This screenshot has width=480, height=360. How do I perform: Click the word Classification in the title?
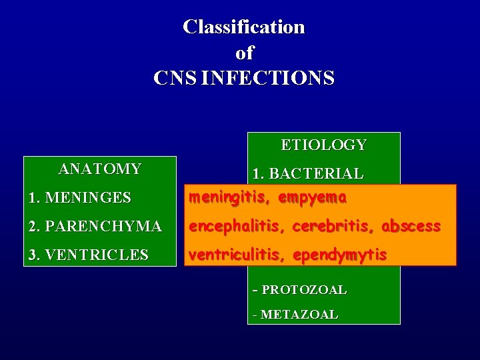[243, 27]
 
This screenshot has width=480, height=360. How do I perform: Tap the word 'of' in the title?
[244, 53]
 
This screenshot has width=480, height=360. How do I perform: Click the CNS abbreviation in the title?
[175, 78]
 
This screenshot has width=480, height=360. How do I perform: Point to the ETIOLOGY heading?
[323, 145]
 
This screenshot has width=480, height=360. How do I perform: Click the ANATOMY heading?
[100, 169]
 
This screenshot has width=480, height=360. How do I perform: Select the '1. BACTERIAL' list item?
[307, 174]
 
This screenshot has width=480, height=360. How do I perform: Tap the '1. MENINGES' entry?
[79, 197]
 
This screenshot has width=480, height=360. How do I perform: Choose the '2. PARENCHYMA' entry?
[95, 226]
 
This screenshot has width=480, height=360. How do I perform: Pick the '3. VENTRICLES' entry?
[88, 255]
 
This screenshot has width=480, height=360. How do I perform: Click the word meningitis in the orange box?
[231, 197]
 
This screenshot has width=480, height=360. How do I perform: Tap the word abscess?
[411, 226]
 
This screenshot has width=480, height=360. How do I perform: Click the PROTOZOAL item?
[303, 290]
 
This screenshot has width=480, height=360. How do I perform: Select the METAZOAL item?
[299, 314]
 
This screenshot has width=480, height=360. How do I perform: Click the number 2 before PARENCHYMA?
[33, 226]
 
